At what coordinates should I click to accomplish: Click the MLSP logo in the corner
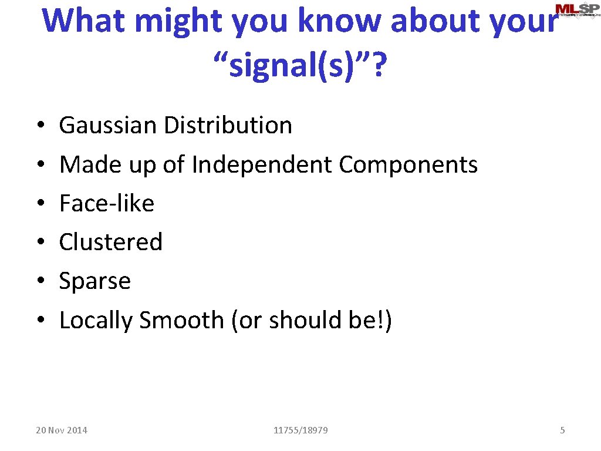[x=577, y=10]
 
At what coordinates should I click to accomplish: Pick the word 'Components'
[x=408, y=164]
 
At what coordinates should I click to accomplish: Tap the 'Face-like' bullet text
[x=107, y=204]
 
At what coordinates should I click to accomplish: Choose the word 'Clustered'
[x=111, y=242]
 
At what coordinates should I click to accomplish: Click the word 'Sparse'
[x=95, y=281]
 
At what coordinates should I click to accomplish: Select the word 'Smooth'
[x=181, y=320]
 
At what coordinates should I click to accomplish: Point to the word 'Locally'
[x=96, y=321]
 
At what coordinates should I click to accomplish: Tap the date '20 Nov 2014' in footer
[x=62, y=430]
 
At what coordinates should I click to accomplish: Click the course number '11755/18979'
[x=300, y=430]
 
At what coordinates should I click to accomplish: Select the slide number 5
[x=562, y=430]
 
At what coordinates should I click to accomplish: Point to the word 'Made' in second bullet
[x=85, y=164]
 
